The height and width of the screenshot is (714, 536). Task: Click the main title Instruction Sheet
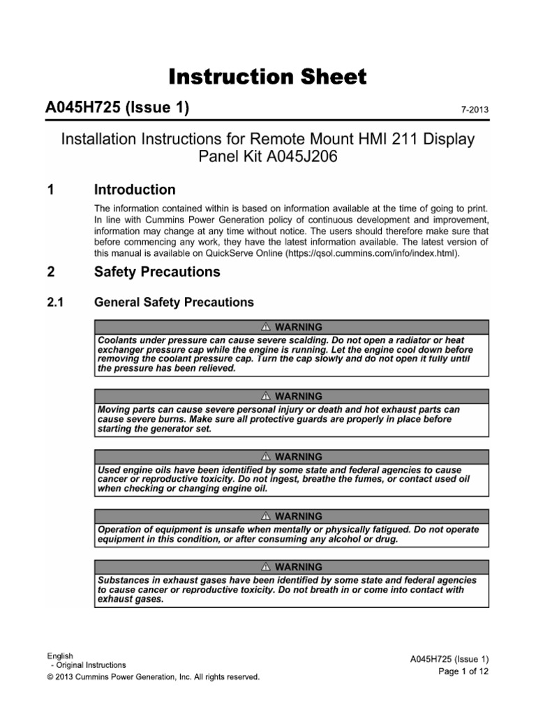pos(267,77)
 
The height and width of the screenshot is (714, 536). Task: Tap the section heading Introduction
pos(135,190)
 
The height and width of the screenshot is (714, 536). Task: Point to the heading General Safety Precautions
pos(174,303)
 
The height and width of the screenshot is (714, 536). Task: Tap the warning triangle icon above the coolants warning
pos(266,327)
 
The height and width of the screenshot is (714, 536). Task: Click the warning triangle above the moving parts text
pos(266,396)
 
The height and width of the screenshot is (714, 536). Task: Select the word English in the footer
pos(60,656)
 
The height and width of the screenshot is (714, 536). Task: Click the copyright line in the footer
pos(153,676)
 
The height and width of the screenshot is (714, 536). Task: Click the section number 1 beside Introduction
pos(49,190)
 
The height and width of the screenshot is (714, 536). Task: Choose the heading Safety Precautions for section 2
pos(157,272)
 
